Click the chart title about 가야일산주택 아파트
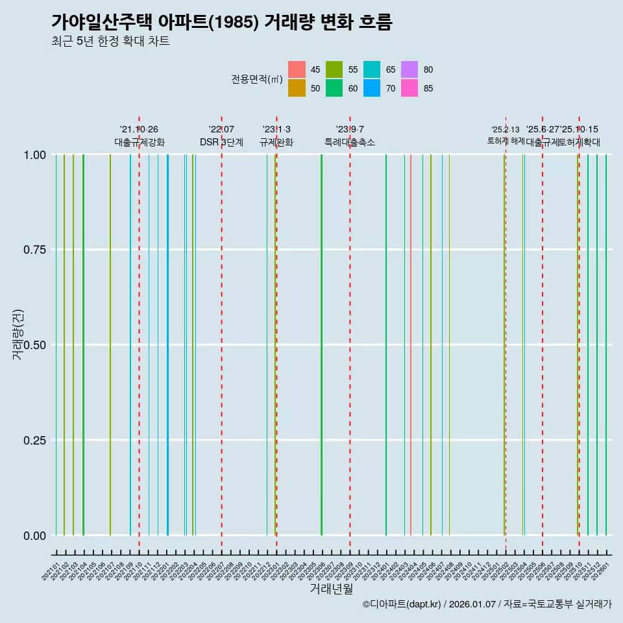point(221,22)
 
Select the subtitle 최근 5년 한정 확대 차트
point(110,42)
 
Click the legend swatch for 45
point(297,69)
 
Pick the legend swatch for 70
point(372,88)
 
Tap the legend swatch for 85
point(409,88)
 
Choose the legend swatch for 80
point(409,69)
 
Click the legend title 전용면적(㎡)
point(257,79)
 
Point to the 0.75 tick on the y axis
point(36,250)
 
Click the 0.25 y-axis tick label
point(36,440)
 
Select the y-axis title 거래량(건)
point(19,336)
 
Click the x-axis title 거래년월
point(331,589)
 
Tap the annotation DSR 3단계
point(221,142)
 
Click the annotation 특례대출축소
point(350,142)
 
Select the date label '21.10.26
point(139,129)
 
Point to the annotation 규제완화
point(276,142)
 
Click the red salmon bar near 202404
point(411,344)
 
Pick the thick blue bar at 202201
point(167,344)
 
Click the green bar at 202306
point(321,344)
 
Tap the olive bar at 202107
point(110,344)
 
